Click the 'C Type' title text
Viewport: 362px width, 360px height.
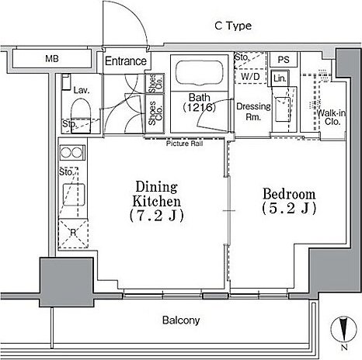[233, 26]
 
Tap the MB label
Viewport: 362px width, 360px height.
[52, 59]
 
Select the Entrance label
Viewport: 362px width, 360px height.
[126, 61]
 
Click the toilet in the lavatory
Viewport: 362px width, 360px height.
[81, 109]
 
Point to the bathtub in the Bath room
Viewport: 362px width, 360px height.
[199, 72]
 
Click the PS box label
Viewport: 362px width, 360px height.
[284, 60]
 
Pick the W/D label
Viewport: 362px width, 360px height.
[250, 76]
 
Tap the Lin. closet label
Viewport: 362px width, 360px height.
[280, 78]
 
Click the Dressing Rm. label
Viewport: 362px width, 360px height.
[253, 112]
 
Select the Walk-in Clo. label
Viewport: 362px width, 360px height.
[332, 117]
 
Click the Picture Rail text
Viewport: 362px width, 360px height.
[184, 144]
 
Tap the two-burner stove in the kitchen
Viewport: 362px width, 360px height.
[72, 152]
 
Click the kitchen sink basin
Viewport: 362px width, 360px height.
[74, 195]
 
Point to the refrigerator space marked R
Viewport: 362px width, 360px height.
[73, 234]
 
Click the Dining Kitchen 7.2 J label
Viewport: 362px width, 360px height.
[157, 202]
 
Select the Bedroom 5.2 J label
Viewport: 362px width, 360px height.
[289, 201]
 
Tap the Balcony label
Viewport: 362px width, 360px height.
[181, 320]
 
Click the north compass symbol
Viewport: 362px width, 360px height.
[343, 331]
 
